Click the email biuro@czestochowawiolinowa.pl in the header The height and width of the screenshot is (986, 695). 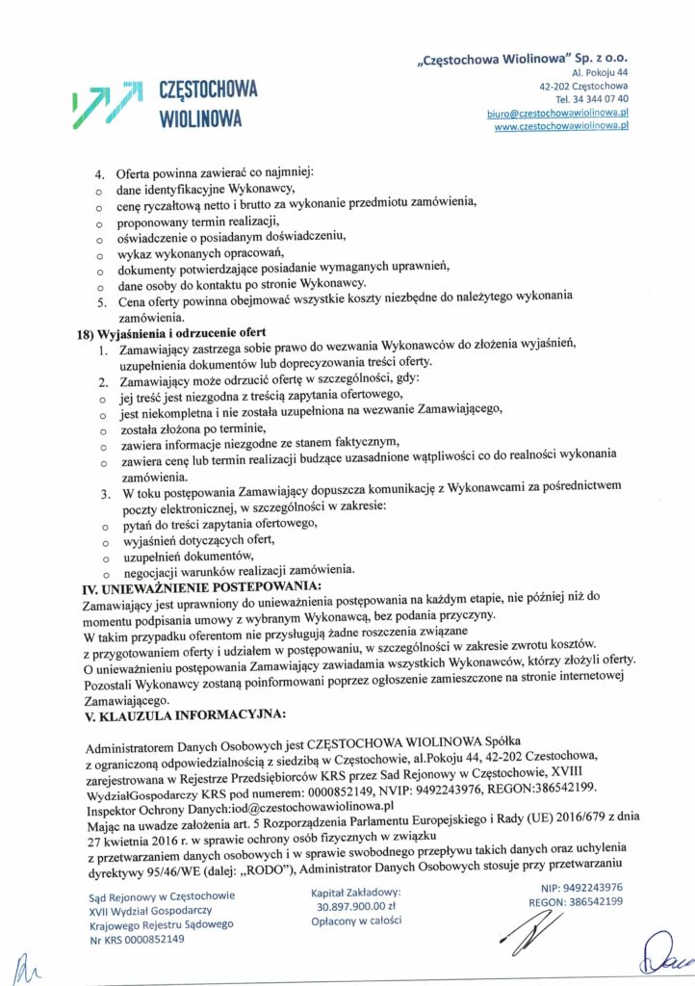(x=558, y=113)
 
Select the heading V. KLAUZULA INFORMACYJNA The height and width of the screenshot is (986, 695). (x=185, y=714)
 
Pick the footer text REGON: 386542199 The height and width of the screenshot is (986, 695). (x=576, y=902)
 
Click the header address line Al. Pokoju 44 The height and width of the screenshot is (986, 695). (x=600, y=72)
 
